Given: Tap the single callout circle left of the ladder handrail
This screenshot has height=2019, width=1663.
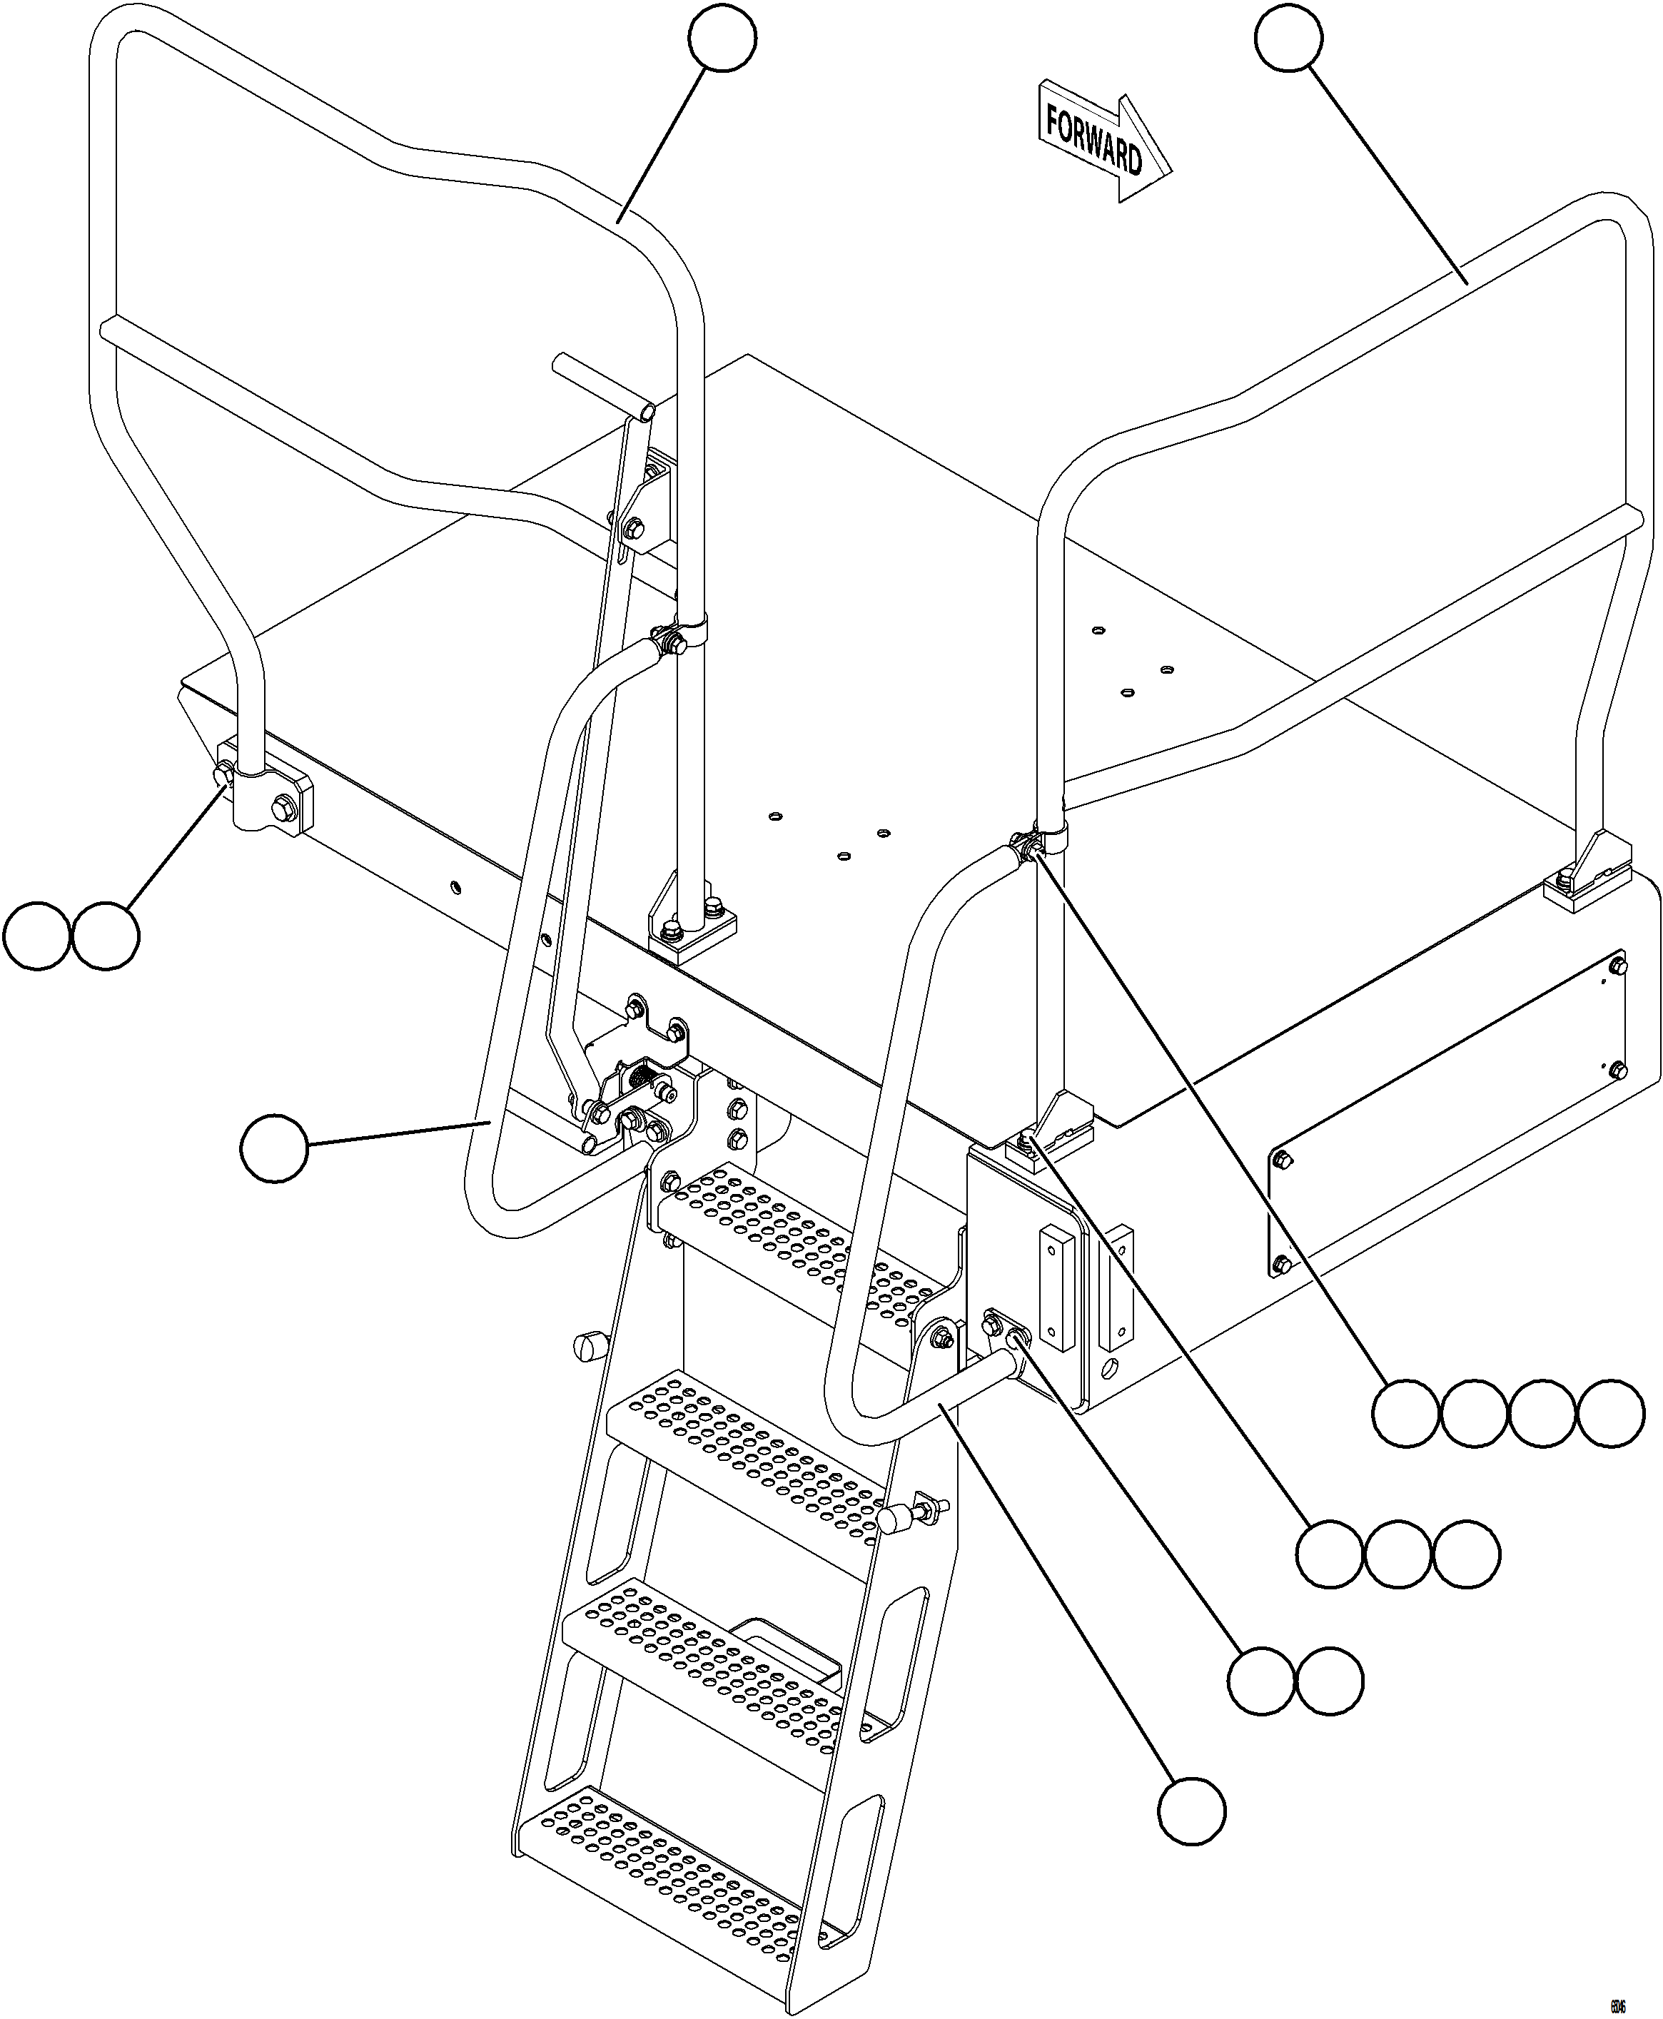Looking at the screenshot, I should click(x=274, y=1146).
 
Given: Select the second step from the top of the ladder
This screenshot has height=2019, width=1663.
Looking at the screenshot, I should click(x=747, y=1453).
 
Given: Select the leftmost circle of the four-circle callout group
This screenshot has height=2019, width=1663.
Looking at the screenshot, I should click(x=1405, y=1412).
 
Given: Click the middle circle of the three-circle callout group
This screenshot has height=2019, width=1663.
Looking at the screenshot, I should click(x=1397, y=1554).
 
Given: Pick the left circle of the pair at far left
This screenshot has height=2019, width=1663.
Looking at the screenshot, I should click(x=36, y=935).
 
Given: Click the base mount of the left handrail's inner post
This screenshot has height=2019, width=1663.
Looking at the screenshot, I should click(x=692, y=928).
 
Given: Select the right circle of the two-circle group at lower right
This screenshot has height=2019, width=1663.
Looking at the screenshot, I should click(x=1330, y=1681).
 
